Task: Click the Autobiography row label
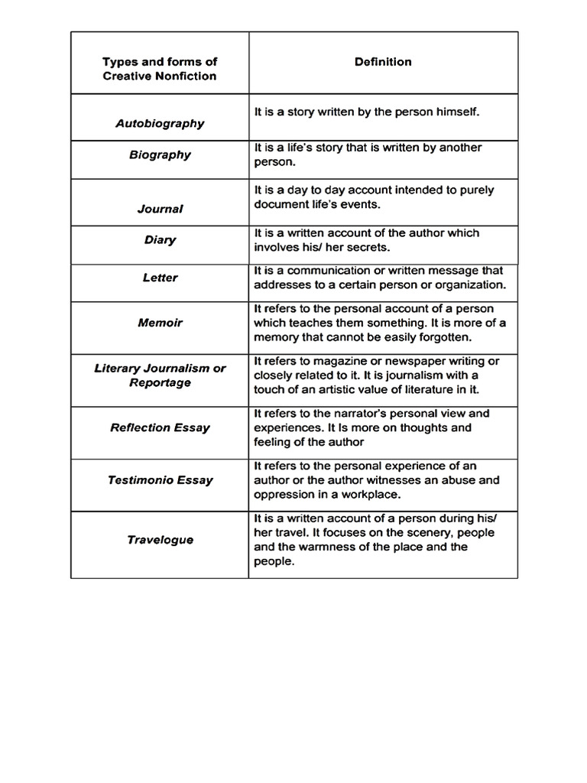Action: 160,123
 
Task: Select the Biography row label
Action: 160,154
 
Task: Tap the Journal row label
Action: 160,209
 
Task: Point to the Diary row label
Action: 160,240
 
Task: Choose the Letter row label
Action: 160,278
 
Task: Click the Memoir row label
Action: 160,323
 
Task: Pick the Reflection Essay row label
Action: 160,427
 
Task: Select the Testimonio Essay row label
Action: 160,480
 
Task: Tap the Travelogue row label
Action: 160,540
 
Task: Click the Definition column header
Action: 383,62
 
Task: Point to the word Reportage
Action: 160,382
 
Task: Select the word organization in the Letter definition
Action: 468,285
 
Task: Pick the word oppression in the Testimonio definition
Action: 283,495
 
